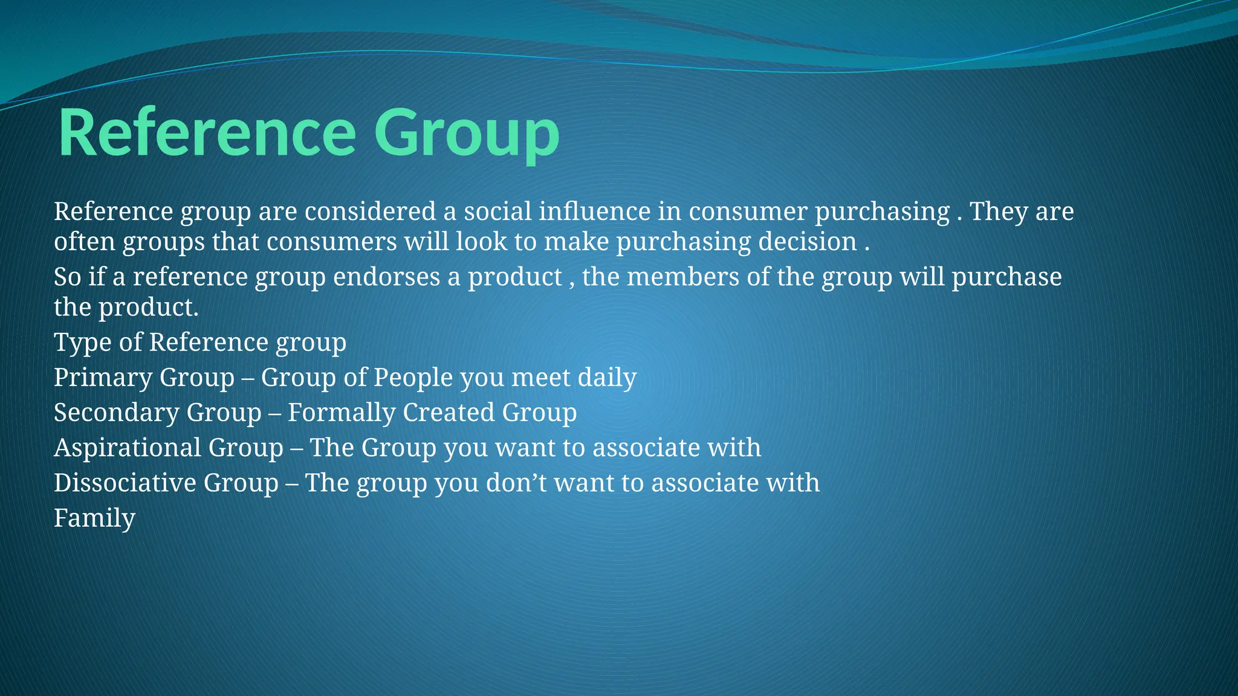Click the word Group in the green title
coord(466,134)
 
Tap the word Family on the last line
coord(94,518)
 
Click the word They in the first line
coord(999,211)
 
